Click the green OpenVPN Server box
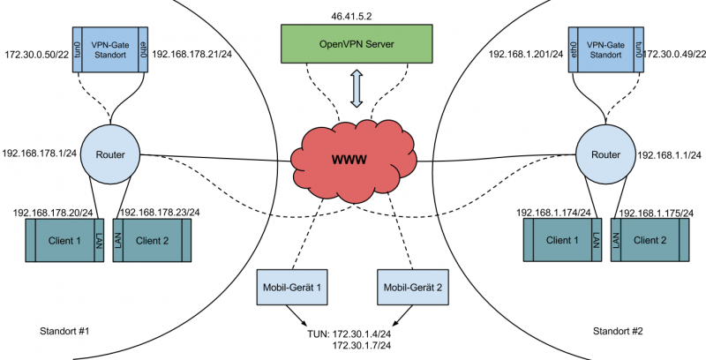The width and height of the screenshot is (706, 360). (x=358, y=42)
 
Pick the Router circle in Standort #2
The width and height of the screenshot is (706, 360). (x=605, y=154)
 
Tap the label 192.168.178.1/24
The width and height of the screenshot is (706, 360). (x=38, y=152)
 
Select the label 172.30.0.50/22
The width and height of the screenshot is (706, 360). (x=36, y=55)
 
